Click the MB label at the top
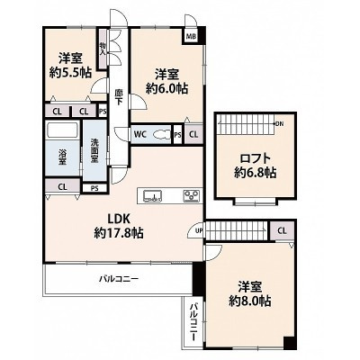[x=191, y=38]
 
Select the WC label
[x=141, y=136]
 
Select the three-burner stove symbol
[x=192, y=194]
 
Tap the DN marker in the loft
[x=279, y=123]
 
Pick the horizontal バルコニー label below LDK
[x=119, y=279]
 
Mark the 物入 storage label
[x=103, y=50]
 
